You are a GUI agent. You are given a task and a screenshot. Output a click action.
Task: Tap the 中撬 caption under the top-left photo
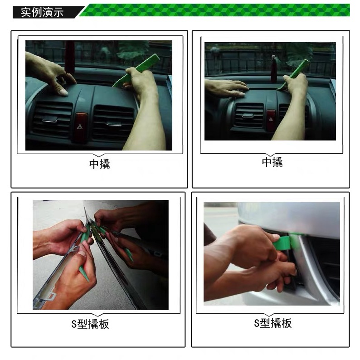coord(99,164)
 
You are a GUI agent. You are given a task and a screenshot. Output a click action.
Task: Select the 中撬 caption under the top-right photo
coord(272,162)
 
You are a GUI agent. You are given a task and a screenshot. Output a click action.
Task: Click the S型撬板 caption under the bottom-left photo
coord(90,324)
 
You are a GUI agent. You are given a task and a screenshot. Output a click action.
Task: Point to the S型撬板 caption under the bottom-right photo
coord(272,323)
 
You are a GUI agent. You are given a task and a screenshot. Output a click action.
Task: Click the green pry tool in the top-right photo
coord(295,73)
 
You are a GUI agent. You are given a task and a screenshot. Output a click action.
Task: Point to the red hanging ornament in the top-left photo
coord(69,57)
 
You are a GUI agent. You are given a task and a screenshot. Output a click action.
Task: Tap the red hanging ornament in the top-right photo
coord(274,68)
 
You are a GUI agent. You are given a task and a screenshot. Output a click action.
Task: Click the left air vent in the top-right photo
coord(248,115)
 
